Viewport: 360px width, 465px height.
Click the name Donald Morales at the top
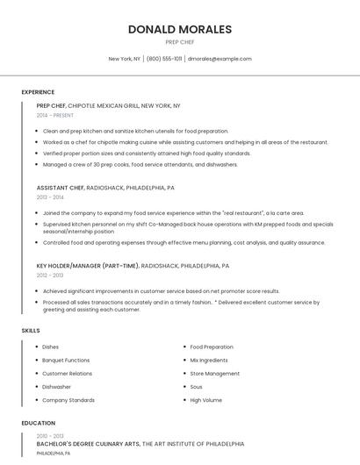click(x=179, y=29)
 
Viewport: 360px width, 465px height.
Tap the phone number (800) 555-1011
click(x=164, y=59)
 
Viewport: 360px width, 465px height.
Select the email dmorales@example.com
click(x=220, y=59)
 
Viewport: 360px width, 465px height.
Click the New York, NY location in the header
click(x=124, y=59)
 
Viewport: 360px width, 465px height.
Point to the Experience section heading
click(x=38, y=92)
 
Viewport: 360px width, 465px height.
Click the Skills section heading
click(x=31, y=331)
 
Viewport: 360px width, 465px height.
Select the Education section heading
click(x=38, y=424)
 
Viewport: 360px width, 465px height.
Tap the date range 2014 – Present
click(x=55, y=115)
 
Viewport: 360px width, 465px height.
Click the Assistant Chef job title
click(x=60, y=188)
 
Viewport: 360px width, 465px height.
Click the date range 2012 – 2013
click(x=50, y=275)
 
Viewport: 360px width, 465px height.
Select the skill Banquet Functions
click(x=66, y=361)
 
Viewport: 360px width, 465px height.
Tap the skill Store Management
click(x=214, y=374)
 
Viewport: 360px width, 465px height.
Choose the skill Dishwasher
click(x=56, y=387)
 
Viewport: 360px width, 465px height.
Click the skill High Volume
click(x=206, y=400)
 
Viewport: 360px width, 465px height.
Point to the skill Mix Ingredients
click(x=209, y=361)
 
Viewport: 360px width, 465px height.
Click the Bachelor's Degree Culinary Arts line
click(x=88, y=445)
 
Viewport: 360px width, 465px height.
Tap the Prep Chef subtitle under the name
click(x=179, y=42)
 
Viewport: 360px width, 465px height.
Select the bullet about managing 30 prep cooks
click(x=140, y=164)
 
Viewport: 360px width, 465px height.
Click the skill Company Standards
click(x=68, y=400)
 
